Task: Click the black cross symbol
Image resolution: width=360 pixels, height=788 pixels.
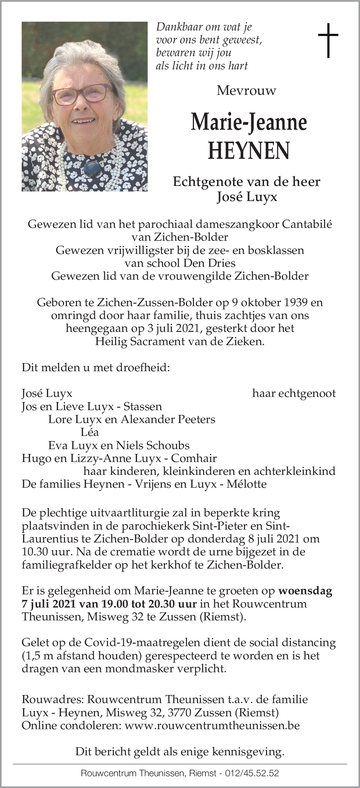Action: click(328, 40)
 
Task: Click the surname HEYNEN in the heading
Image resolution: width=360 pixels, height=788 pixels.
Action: click(249, 151)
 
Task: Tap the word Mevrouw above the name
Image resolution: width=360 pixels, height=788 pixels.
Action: click(246, 90)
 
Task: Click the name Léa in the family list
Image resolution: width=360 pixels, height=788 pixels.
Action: click(90, 432)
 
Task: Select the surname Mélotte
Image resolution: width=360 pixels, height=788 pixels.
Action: click(246, 484)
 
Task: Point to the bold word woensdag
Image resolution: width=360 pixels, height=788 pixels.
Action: click(305, 591)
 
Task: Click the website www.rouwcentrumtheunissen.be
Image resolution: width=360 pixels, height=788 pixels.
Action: click(212, 725)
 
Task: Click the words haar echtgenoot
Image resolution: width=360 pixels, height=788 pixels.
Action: click(294, 393)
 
